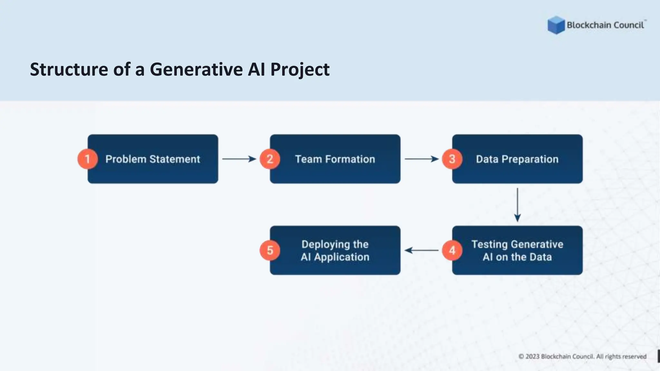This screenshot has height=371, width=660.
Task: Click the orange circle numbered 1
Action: tap(87, 159)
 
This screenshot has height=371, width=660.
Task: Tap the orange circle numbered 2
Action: tap(270, 159)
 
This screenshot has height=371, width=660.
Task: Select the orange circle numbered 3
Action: tap(452, 159)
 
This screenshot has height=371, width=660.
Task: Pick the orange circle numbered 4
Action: tap(452, 250)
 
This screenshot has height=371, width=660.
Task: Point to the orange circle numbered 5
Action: tap(270, 250)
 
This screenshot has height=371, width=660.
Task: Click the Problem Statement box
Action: tap(153, 159)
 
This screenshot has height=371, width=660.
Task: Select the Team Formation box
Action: tap(335, 159)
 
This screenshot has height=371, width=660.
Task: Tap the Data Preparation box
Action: tap(517, 159)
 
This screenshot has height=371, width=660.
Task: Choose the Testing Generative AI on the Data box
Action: tap(517, 250)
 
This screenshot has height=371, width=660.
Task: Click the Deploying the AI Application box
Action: tap(335, 250)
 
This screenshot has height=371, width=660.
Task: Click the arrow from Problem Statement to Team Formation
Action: tap(239, 159)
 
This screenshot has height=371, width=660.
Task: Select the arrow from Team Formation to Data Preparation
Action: tap(421, 159)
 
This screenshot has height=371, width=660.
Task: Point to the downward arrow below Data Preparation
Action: tap(517, 205)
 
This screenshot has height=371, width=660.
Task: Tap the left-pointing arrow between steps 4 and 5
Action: tap(421, 250)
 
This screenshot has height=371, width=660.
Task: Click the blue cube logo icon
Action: tap(556, 25)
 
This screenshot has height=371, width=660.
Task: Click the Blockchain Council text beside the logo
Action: tap(605, 25)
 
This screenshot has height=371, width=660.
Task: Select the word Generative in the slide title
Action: tap(196, 69)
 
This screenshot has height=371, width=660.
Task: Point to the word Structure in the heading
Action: tap(69, 69)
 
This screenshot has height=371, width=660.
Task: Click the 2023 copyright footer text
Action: tap(582, 357)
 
